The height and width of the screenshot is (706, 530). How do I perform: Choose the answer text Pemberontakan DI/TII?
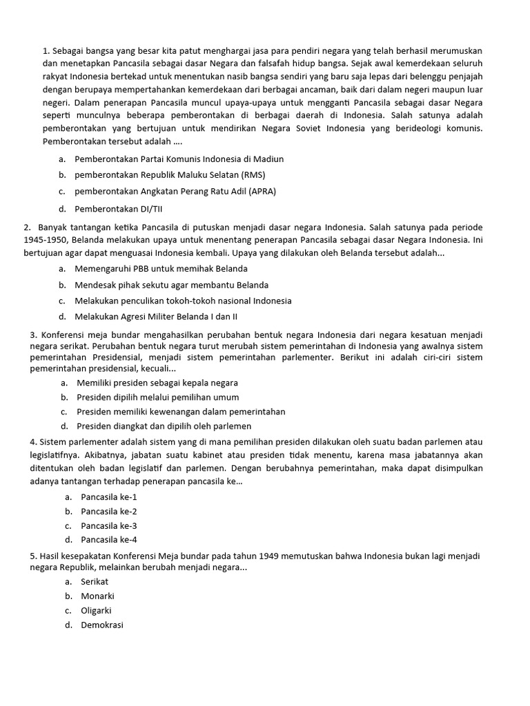[x=119, y=208]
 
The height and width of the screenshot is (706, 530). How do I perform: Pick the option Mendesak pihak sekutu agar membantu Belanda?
[x=172, y=285]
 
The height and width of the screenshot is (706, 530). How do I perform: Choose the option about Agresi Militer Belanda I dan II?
[x=157, y=317]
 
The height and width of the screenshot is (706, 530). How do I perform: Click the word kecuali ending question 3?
[x=156, y=370]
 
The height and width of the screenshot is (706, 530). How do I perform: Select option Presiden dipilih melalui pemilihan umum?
[x=158, y=397]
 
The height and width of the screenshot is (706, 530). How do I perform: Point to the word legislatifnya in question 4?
[x=55, y=456]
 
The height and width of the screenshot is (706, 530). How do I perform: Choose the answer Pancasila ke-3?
[x=109, y=525]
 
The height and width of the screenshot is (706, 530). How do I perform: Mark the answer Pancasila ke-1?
[x=109, y=496]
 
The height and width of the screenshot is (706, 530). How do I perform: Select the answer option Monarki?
[x=97, y=596]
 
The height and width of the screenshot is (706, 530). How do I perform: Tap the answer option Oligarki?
[x=96, y=610]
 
